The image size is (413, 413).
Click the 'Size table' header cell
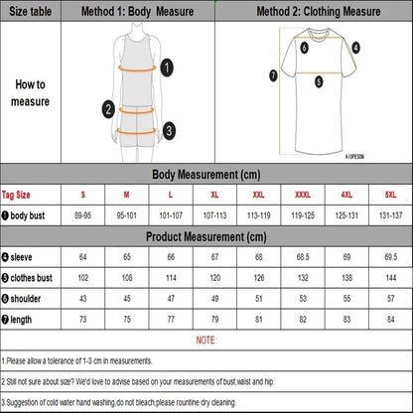[x=29, y=12]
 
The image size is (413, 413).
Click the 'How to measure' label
[x=29, y=93]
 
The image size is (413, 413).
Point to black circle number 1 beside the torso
[x=168, y=67]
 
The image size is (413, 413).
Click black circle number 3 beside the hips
[x=169, y=129]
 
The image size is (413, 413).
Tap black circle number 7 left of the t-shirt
[x=273, y=74]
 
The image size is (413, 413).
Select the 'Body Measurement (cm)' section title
[x=206, y=175]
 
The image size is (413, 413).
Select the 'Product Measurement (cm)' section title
[x=206, y=237]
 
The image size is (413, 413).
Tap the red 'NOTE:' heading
[x=206, y=340]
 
